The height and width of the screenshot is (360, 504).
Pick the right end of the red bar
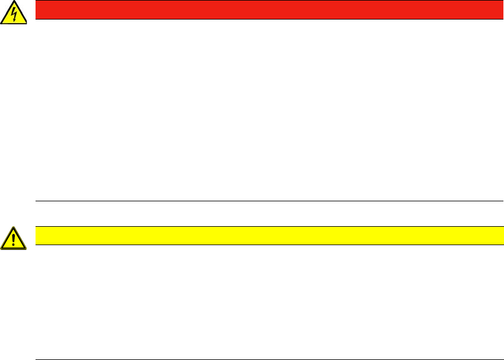pyautogui.click(x=501, y=10)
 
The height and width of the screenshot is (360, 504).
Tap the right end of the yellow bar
pyautogui.click(x=501, y=236)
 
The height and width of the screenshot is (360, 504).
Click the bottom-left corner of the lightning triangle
pyautogui.click(x=2, y=24)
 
